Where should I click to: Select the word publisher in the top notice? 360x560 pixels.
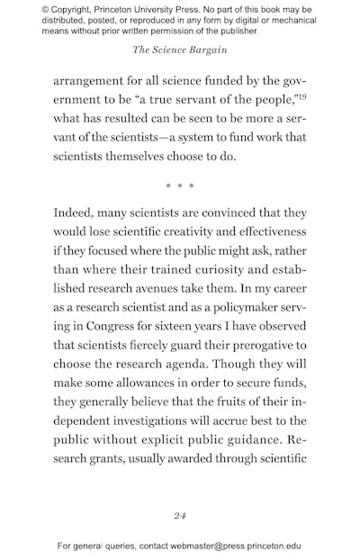(x=232, y=31)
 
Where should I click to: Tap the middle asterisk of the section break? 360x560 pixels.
(x=180, y=186)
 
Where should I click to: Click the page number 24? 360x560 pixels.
(x=180, y=516)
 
